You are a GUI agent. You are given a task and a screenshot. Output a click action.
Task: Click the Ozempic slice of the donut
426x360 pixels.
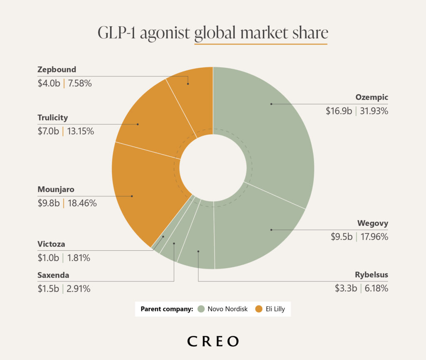275,125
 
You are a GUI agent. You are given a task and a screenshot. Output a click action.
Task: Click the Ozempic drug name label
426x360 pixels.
372,97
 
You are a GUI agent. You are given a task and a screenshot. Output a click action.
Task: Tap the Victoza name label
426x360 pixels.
51,244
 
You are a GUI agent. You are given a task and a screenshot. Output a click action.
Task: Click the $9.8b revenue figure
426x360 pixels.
48,203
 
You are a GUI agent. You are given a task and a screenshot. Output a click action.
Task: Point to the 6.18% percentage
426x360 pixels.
376,288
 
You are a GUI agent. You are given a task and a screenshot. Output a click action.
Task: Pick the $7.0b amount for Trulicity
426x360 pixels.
48,131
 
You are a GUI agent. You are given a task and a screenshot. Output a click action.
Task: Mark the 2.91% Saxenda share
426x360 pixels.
77,288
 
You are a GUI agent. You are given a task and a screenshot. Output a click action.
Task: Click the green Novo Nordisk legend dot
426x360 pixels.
201,309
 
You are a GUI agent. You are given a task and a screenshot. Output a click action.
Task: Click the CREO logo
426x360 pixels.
213,341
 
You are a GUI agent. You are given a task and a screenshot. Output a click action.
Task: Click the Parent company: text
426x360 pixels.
167,309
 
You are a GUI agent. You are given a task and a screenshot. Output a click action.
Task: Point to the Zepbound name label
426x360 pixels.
57,69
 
